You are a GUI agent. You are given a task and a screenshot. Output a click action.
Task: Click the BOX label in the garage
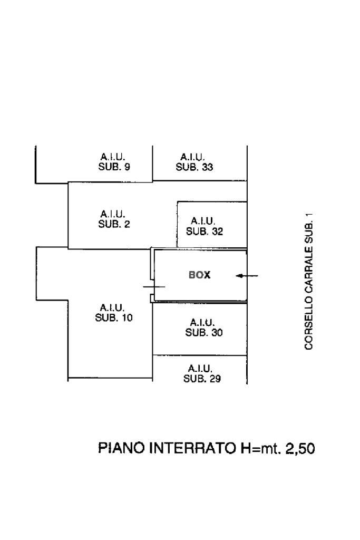click(200, 275)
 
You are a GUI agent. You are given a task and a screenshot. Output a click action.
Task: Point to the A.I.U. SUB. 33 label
click(194, 162)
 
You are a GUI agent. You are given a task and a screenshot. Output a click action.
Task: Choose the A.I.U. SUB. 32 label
click(203, 226)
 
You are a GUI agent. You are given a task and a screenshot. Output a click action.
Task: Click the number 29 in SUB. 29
click(215, 379)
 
